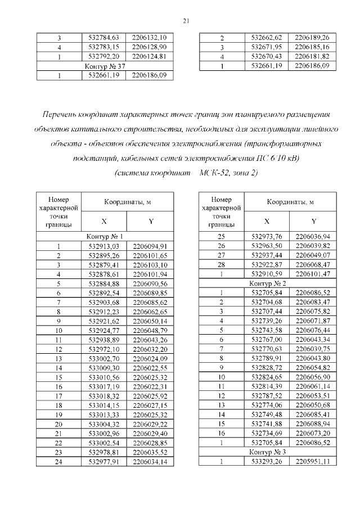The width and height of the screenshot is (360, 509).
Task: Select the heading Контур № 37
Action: [x=105, y=66]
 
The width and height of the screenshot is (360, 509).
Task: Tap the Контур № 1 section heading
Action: [x=105, y=237]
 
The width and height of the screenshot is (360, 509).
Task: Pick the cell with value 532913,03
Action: [x=104, y=246]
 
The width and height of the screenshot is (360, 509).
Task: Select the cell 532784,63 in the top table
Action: [x=104, y=38]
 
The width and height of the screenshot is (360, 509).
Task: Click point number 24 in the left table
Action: [x=59, y=462]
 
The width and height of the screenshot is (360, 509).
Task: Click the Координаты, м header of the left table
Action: [x=127, y=201]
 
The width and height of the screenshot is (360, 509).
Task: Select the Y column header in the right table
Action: [x=313, y=221]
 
